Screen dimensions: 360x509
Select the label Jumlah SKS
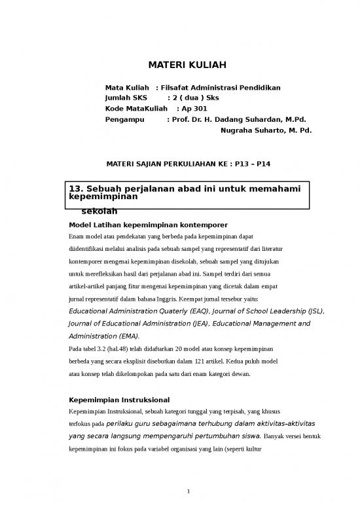pyautogui.click(x=126, y=98)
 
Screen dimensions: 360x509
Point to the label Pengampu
pyautogui.click(x=124, y=120)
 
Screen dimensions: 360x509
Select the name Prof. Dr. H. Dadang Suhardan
pyautogui.click(x=227, y=120)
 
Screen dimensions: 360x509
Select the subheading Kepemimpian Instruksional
pyautogui.click(x=119, y=400)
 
